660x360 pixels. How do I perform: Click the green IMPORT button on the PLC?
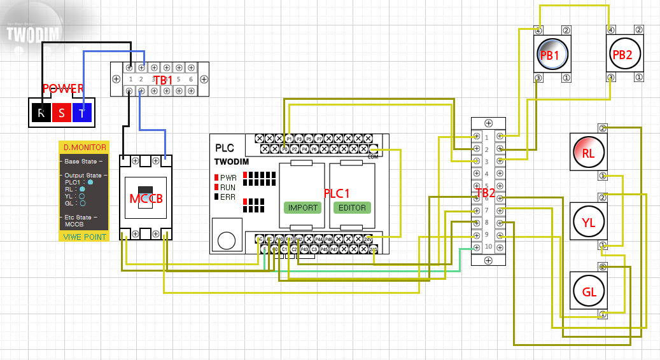[303, 208]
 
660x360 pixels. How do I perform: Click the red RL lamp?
[589, 153]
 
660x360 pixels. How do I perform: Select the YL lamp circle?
[589, 222]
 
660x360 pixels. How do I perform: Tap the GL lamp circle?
[589, 291]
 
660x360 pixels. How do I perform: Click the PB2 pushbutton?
[622, 55]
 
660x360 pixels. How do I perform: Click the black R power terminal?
[41, 113]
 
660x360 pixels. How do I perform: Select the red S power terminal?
[62, 113]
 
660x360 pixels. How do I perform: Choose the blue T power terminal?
[82, 113]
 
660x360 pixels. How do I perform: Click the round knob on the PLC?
[226, 240]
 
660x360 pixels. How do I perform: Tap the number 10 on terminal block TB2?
[487, 247]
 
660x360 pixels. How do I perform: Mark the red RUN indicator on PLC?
[216, 188]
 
